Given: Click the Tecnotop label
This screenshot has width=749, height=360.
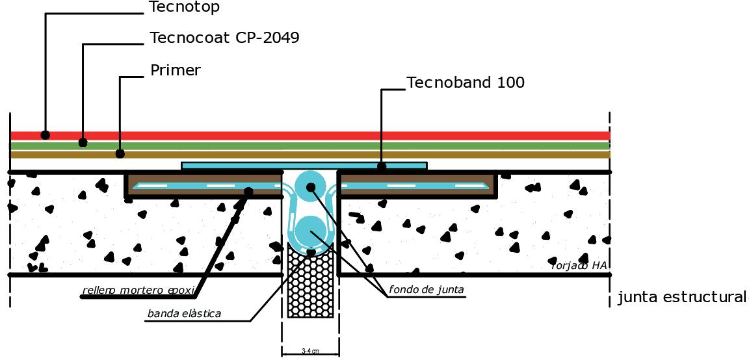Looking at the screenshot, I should coord(184,8).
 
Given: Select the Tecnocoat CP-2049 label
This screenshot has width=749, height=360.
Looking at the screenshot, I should coord(224,38).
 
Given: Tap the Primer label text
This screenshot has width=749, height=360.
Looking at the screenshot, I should coord(176,70).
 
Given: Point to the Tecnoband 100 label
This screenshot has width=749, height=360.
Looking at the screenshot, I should coord(465,83).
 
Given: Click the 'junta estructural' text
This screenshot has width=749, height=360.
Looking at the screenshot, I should coord(681,298).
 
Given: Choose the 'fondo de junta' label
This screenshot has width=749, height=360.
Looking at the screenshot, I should coord(427,290).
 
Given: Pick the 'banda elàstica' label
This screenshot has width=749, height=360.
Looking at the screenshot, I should coord(184,314).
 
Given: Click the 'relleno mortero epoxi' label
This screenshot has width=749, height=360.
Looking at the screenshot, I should coord(138,290).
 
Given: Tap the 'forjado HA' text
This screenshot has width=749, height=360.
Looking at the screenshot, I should coord(579,265).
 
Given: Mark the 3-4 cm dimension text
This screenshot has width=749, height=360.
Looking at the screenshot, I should coord(310,352).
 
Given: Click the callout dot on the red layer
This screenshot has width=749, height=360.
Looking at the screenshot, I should coord(45,135).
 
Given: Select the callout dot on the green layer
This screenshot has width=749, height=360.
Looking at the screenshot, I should coord(83,142).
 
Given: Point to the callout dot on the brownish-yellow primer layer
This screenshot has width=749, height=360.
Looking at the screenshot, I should coord(120,154).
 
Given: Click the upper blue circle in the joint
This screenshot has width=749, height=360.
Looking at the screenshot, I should coord(310,186).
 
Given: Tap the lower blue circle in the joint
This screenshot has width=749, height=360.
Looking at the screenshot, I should coord(311,232).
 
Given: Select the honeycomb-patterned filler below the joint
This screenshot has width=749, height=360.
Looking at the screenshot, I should coord(310,286).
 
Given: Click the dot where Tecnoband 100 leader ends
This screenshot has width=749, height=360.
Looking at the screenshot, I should coord(382,166).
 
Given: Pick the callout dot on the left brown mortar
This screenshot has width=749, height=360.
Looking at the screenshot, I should coord(248,191).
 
